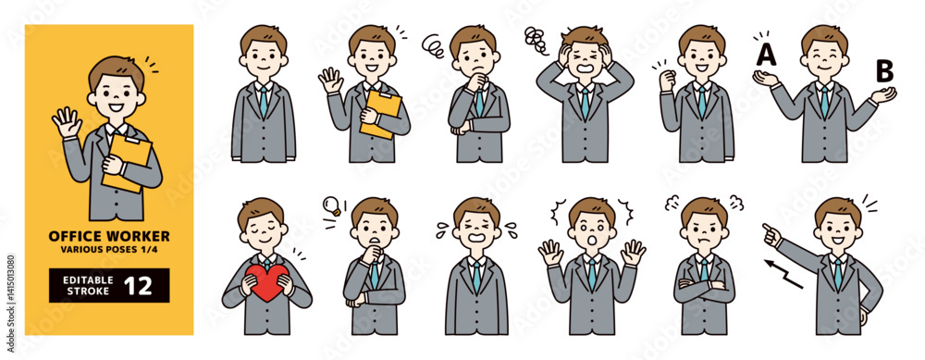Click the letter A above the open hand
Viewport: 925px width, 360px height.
tap(766, 55)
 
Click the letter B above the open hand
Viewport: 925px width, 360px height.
tap(883, 71)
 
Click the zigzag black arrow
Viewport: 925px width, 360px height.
tap(783, 274)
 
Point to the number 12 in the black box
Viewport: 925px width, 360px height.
tap(138, 286)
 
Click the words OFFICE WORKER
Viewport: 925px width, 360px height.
tap(109, 236)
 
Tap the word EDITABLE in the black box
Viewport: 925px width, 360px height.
tap(80, 279)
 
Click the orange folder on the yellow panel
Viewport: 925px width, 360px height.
tap(127, 163)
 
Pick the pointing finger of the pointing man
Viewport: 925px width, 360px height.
tap(767, 228)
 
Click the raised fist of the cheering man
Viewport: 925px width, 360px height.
tap(668, 80)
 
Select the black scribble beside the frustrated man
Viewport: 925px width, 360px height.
tap(536, 40)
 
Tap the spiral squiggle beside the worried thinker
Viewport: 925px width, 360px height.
tap(433, 43)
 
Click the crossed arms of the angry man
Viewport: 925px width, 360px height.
tap(704, 285)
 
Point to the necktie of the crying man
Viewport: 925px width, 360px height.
tap(476, 278)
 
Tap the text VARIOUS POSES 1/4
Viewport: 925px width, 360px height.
tap(109, 249)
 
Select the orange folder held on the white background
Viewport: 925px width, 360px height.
tap(381, 115)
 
